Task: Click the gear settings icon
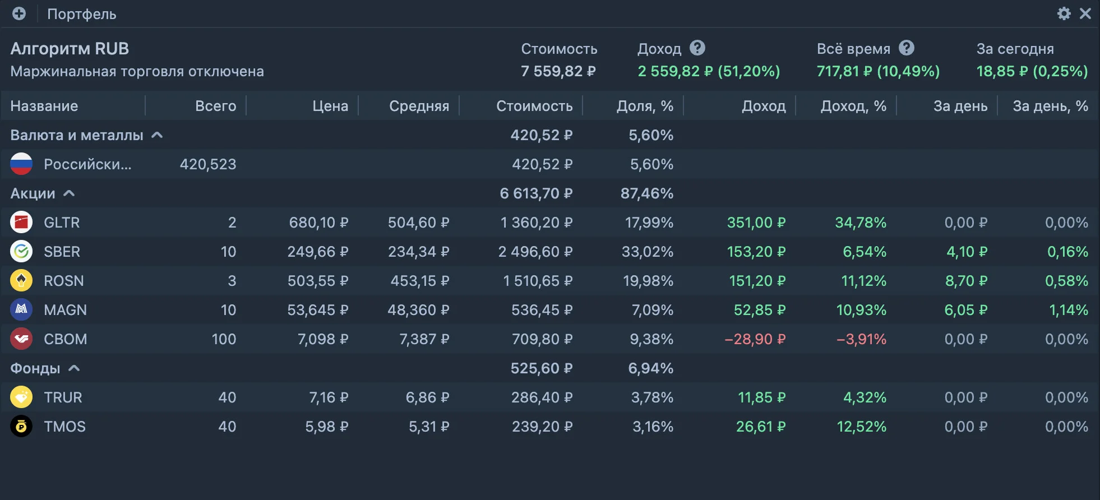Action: click(1064, 13)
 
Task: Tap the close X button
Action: click(1085, 13)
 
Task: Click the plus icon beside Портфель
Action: click(19, 13)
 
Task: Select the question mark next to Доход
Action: click(697, 48)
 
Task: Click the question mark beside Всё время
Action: click(907, 48)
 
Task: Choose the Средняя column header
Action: click(419, 106)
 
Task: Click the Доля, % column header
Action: click(645, 106)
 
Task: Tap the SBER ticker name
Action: click(62, 252)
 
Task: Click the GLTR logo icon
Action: click(21, 223)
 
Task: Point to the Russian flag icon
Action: click(21, 164)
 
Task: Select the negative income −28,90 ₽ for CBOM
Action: click(755, 339)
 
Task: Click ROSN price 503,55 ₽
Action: click(318, 281)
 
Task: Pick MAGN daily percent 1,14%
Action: click(1069, 310)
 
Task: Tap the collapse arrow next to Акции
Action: click(69, 193)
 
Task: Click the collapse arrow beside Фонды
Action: click(74, 368)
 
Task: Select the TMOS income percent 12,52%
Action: click(862, 427)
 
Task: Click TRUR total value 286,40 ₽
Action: click(542, 397)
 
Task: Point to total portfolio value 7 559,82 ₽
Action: click(558, 71)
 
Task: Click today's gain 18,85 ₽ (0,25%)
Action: click(1032, 71)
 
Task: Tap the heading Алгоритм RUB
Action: click(70, 49)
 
